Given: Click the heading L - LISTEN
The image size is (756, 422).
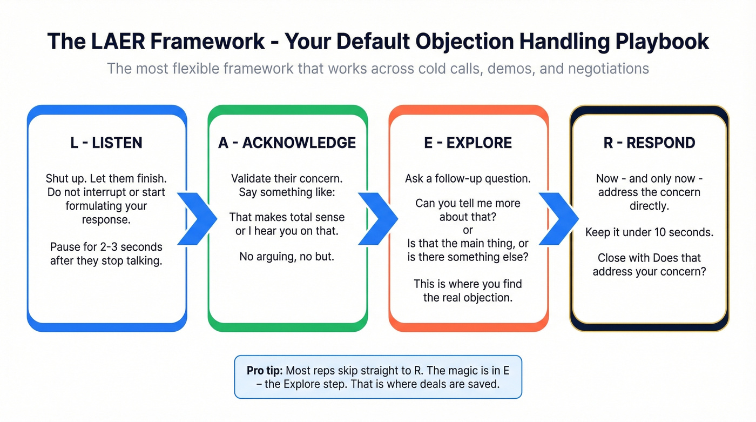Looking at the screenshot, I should pyautogui.click(x=106, y=143).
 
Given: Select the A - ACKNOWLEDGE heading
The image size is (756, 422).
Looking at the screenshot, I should pyautogui.click(x=287, y=143).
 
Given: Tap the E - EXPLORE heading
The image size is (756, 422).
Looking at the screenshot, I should pyautogui.click(x=468, y=143).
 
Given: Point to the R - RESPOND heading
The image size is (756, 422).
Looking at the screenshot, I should pyautogui.click(x=649, y=143).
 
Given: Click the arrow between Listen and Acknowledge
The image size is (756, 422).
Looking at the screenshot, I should pyautogui.click(x=197, y=218).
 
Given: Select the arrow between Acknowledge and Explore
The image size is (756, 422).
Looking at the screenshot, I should pyautogui.click(x=378, y=218).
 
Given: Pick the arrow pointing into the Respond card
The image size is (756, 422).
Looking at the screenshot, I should pyautogui.click(x=559, y=218).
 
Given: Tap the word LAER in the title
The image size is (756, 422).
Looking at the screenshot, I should pyautogui.click(x=118, y=42).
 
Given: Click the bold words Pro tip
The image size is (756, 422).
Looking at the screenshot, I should pyautogui.click(x=264, y=371).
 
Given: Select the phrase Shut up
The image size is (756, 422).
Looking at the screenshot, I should pyautogui.click(x=65, y=178).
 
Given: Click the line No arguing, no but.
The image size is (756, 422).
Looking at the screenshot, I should pyautogui.click(x=287, y=257).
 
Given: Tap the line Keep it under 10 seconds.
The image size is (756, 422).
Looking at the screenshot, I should pyautogui.click(x=649, y=233).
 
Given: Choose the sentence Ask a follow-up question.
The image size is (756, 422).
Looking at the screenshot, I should pyautogui.click(x=468, y=178).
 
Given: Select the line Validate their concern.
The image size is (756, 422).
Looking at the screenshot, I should pyautogui.click(x=287, y=178).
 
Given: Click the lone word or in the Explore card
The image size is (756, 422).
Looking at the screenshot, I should pyautogui.click(x=468, y=231).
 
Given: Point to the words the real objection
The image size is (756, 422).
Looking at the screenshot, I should pyautogui.click(x=468, y=298).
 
